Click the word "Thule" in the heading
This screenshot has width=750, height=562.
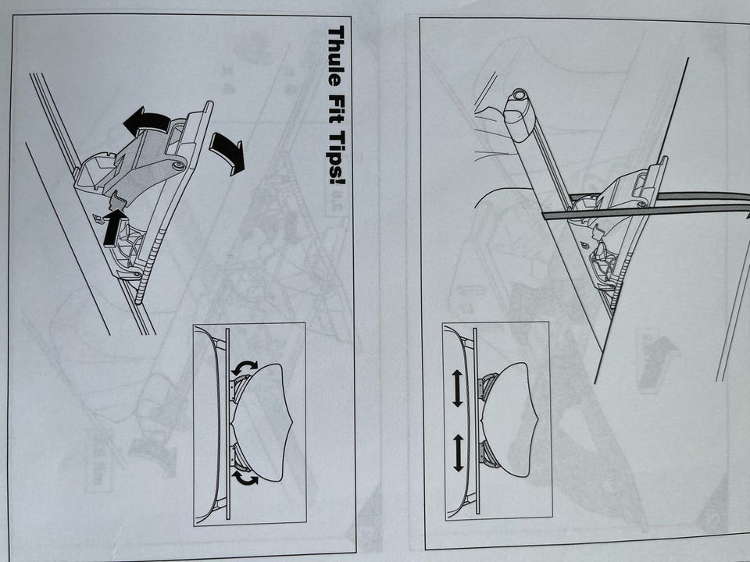point(336,55)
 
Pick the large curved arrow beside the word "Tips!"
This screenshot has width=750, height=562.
point(227,153)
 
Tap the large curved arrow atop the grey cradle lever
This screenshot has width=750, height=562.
point(145,120)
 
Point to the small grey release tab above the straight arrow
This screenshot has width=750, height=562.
point(116,201)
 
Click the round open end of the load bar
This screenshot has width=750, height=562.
point(518,94)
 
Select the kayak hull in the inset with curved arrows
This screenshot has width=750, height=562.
point(261,422)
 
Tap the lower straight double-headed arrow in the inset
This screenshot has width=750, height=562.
point(458,453)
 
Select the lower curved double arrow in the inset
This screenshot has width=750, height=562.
point(244,478)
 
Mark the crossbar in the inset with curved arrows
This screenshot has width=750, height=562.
point(227,423)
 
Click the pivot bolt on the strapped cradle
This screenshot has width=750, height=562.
point(641,204)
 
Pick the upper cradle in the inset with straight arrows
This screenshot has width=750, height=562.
point(490,386)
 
